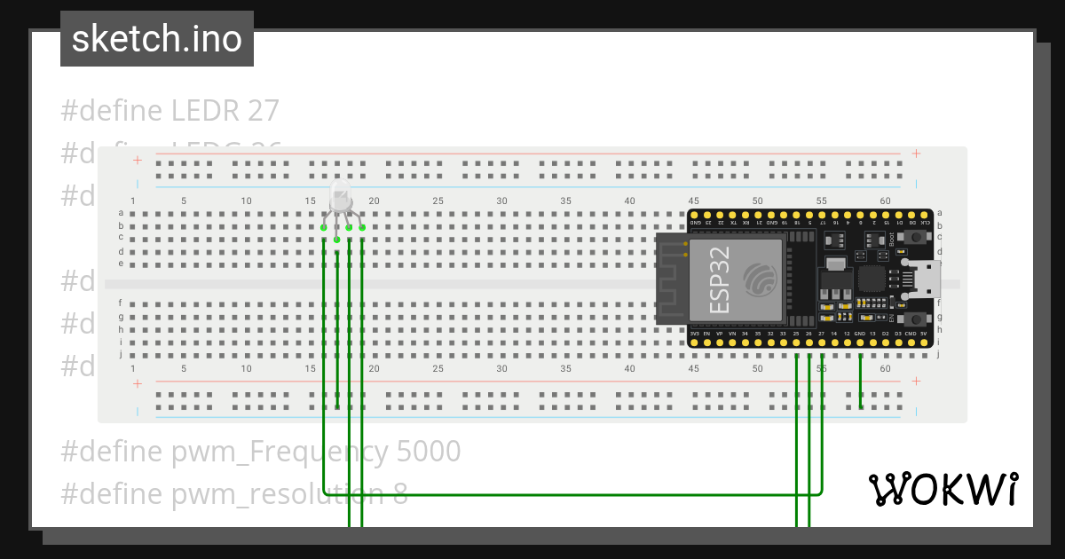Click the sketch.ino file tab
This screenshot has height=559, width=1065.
tap(157, 39)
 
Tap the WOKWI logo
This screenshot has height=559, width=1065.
tap(942, 489)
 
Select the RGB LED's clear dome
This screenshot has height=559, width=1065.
tap(342, 196)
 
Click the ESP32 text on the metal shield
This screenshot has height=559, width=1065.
tap(721, 279)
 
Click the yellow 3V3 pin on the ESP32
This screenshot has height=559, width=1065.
tap(694, 342)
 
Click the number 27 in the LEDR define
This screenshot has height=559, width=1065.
tap(263, 111)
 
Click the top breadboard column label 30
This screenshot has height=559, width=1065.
tap(501, 201)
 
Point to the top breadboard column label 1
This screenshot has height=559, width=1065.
tap(133, 201)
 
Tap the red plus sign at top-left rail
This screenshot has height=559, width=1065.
tap(138, 160)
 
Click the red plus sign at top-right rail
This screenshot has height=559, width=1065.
tap(916, 154)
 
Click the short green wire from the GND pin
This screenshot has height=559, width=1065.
tap(860, 382)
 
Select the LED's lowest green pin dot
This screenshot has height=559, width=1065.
tap(337, 240)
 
